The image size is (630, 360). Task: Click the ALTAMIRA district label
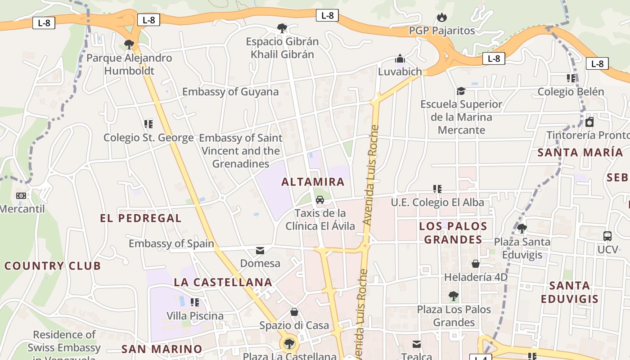[x=313, y=182]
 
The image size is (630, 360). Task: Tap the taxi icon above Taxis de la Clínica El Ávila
[x=320, y=199]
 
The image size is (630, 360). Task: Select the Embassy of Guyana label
[x=230, y=92]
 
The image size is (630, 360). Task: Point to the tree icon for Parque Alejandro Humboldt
[x=129, y=44]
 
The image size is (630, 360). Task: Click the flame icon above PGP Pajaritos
[x=442, y=18]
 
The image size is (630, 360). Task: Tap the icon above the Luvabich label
[x=400, y=58]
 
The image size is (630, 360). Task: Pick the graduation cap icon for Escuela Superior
[x=461, y=91]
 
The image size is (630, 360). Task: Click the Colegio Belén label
[x=571, y=92]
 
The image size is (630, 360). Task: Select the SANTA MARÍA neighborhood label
[x=580, y=152]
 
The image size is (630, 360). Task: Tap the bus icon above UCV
[x=607, y=236]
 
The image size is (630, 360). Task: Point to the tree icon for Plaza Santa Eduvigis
[x=522, y=229]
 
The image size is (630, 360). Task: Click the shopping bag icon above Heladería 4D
[x=476, y=263]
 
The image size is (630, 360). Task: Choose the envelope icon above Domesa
[x=260, y=250]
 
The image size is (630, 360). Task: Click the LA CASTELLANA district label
[x=223, y=282]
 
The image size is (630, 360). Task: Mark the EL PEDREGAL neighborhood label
[x=141, y=218]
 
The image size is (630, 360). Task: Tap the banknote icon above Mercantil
[x=21, y=196]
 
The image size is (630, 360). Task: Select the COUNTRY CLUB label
[x=53, y=265]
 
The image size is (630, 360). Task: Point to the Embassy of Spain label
[x=171, y=243]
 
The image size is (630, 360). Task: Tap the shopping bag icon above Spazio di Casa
[x=294, y=312]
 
